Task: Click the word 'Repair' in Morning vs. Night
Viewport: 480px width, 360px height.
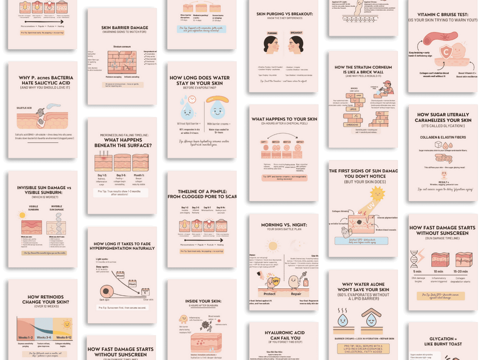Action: click(296, 294)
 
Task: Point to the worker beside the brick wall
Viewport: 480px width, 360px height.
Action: click(387, 87)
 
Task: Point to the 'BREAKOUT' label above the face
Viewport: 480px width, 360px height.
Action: click(296, 33)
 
